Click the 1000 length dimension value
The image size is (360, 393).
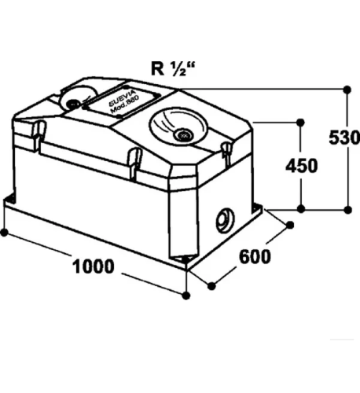[x=94, y=266]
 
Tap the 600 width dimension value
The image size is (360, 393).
[x=255, y=257]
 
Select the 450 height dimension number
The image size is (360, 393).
[x=301, y=166]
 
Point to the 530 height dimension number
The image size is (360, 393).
[x=344, y=138]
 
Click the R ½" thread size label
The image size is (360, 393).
[x=173, y=69]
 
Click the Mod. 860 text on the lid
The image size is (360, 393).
[x=125, y=105]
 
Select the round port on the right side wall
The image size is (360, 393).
[x=225, y=220]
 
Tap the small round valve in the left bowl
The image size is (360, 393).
[x=72, y=104]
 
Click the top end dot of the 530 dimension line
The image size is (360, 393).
[x=347, y=90]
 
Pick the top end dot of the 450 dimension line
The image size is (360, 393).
[x=300, y=123]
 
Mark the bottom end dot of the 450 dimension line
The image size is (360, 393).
[x=301, y=209]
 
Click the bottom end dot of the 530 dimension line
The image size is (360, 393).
[x=347, y=210]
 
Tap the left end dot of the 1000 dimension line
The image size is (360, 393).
[x=4, y=233]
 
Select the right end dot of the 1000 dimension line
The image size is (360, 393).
[x=186, y=296]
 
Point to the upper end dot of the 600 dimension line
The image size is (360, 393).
[x=290, y=225]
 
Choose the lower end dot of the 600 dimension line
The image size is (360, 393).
[x=211, y=286]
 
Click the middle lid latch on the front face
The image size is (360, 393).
[x=134, y=163]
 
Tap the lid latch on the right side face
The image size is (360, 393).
[x=226, y=153]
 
